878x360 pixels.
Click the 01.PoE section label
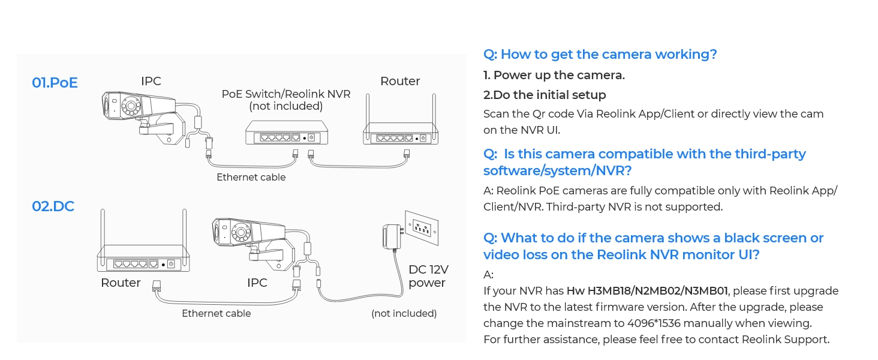(55, 83)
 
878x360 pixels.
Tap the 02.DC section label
(53, 206)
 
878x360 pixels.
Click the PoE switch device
(287, 133)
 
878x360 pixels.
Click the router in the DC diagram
(143, 259)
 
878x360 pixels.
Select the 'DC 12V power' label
(428, 276)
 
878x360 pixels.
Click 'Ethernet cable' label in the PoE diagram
(251, 177)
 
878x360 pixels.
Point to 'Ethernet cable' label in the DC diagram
(216, 313)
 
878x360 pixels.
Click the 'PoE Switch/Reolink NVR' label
(286, 94)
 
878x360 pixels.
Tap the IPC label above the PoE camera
(151, 81)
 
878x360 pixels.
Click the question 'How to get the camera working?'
(600, 55)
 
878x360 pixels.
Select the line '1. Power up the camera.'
(554, 75)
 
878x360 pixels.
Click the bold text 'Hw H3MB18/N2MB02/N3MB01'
(647, 291)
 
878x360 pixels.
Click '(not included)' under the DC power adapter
(404, 313)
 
